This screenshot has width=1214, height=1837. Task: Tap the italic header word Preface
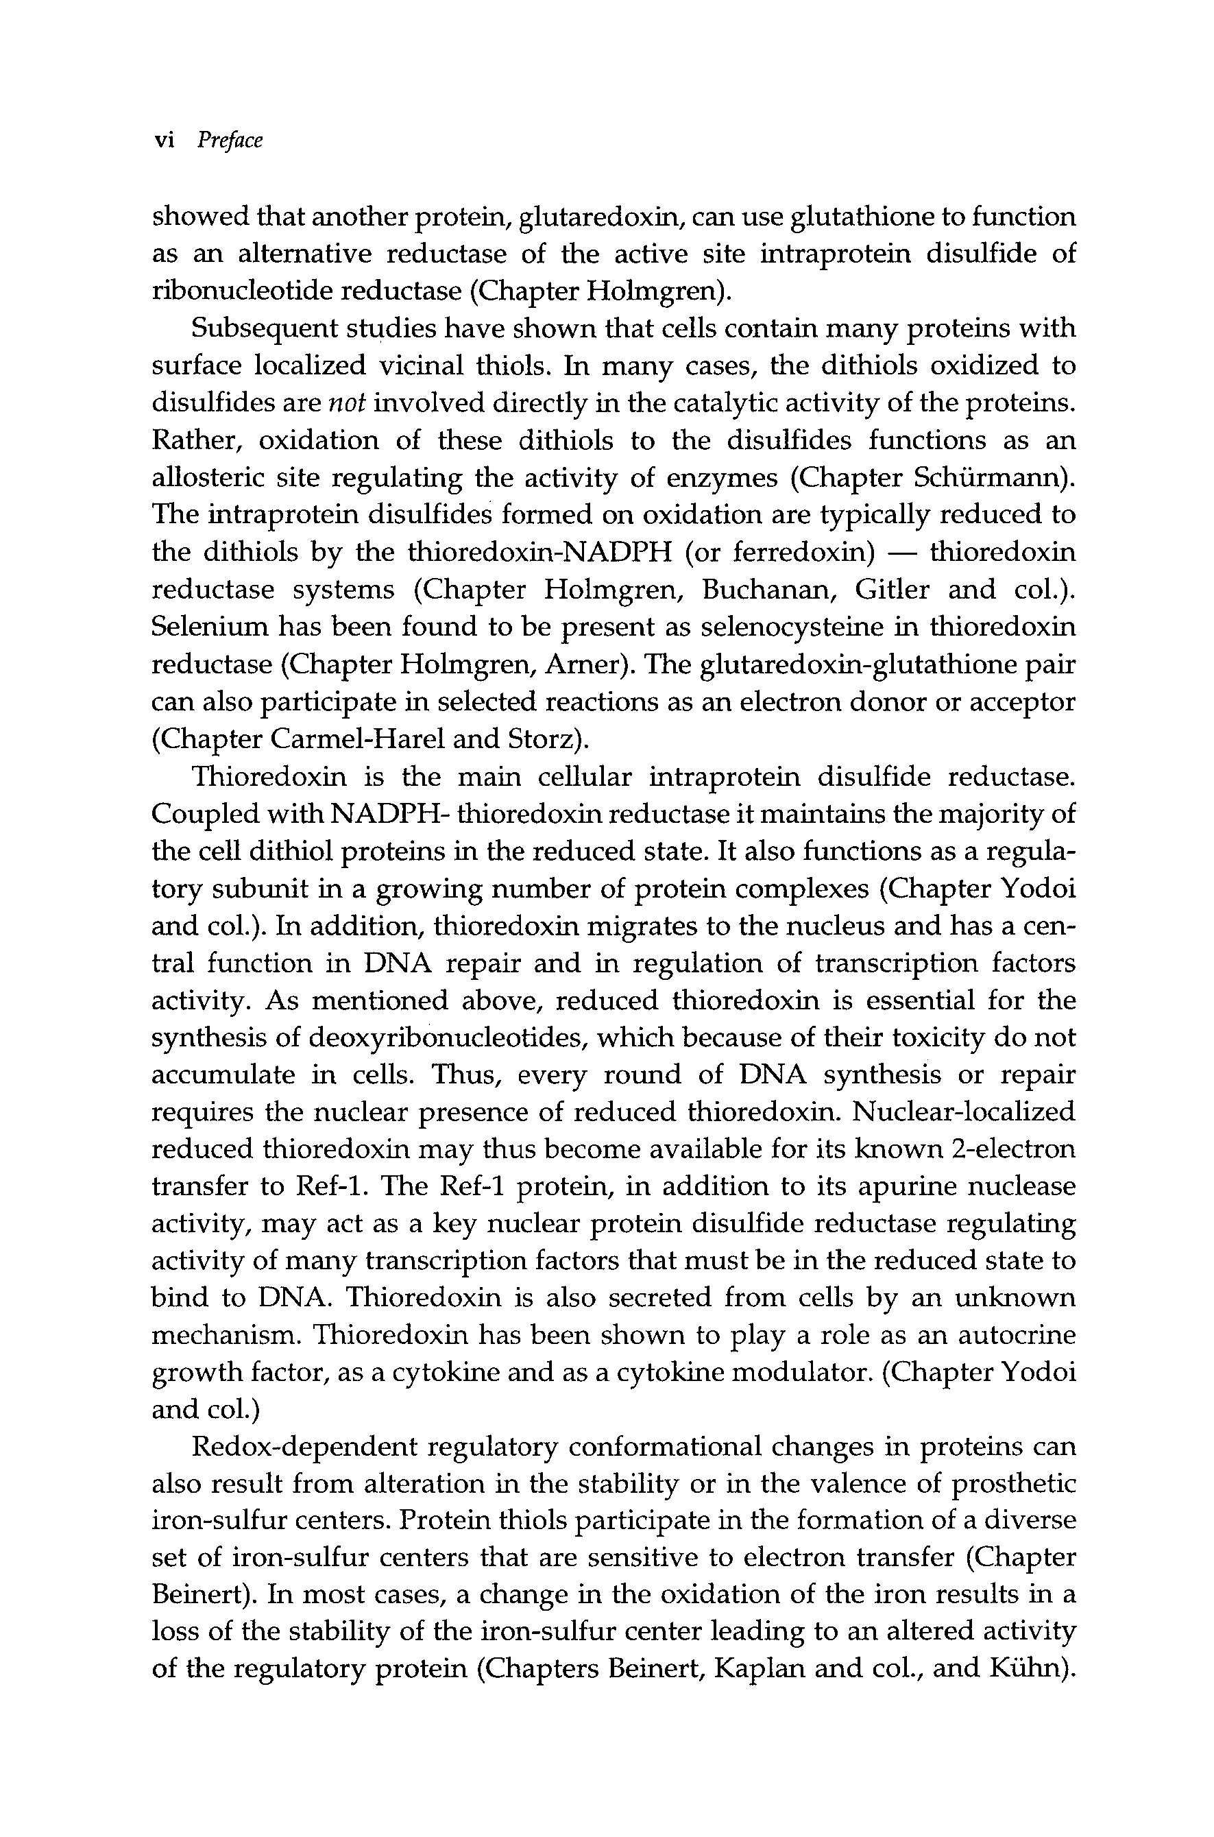(x=230, y=140)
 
